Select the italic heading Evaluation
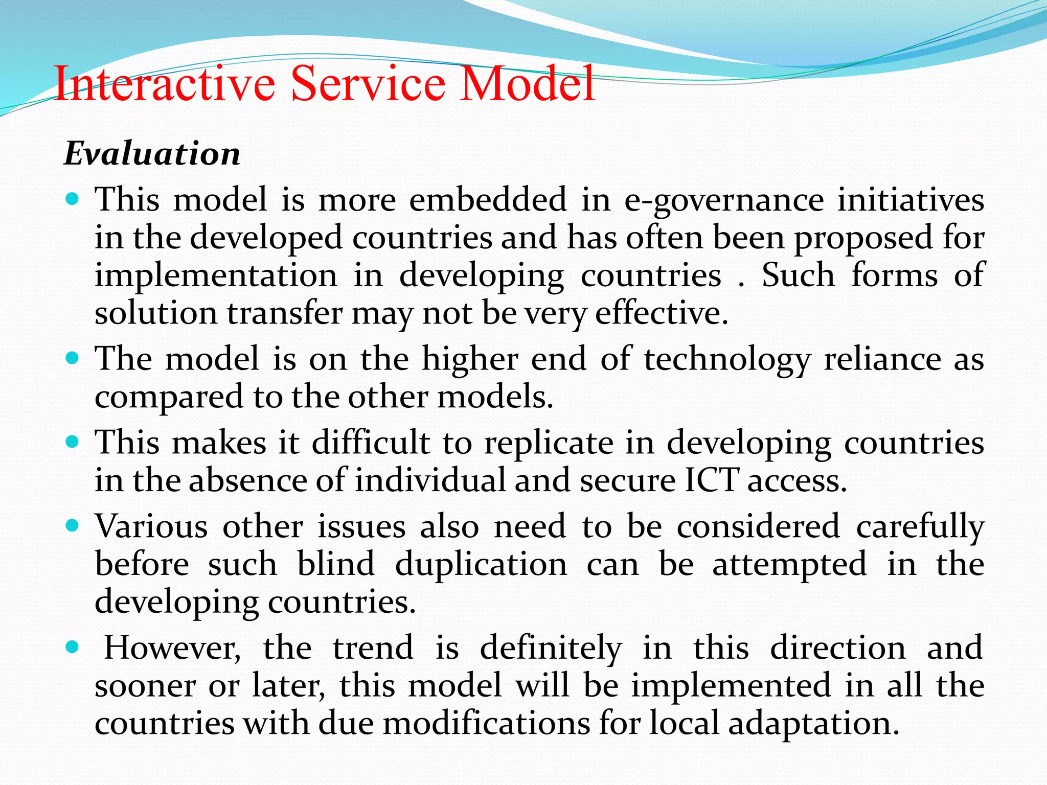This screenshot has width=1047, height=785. click(x=152, y=153)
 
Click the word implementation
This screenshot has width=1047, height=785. click(x=216, y=276)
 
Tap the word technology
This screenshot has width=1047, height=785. click(x=727, y=360)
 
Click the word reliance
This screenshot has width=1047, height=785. click(x=882, y=359)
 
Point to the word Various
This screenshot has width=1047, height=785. click(x=151, y=526)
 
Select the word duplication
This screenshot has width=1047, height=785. click(x=481, y=564)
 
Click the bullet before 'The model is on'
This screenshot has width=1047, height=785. click(x=73, y=358)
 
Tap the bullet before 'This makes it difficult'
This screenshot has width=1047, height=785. click(x=73, y=442)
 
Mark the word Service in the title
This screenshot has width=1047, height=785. click(x=368, y=84)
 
